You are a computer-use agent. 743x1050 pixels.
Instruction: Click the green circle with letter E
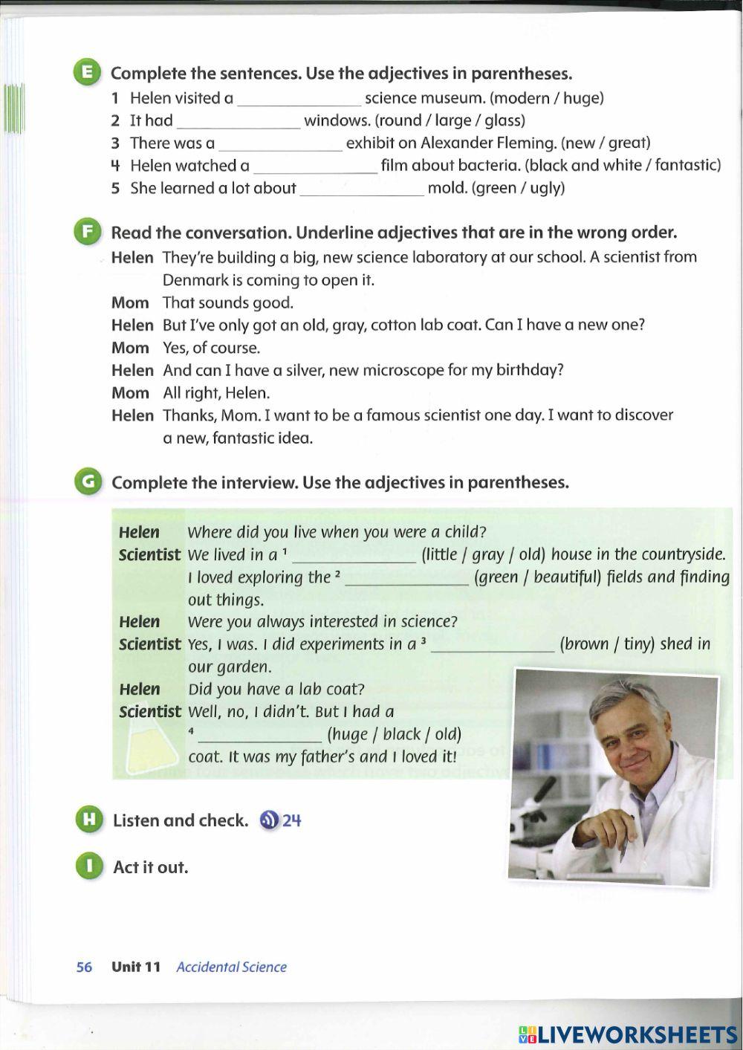click(87, 73)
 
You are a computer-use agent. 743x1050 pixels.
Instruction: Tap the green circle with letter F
click(87, 232)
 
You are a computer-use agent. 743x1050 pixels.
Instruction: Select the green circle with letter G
click(88, 482)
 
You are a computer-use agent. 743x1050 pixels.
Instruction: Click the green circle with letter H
click(88, 820)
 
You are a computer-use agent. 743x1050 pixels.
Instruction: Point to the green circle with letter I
click(88, 866)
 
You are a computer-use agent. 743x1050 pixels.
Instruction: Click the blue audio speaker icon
click(269, 820)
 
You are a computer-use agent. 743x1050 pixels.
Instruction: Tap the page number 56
click(84, 967)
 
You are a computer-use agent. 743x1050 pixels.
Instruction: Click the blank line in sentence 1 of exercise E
click(299, 100)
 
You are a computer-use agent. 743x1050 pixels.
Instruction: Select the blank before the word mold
click(361, 190)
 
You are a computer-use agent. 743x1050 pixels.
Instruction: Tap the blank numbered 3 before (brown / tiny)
click(492, 646)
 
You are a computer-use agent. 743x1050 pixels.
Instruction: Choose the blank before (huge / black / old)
click(260, 736)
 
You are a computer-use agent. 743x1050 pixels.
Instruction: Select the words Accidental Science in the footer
click(231, 967)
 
